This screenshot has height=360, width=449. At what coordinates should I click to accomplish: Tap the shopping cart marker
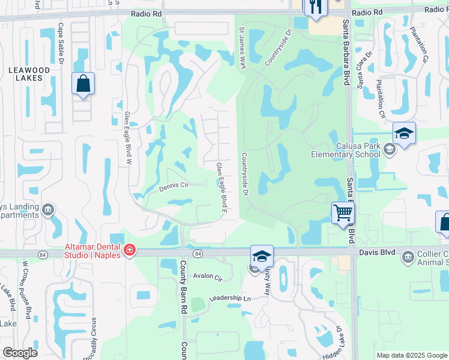342,212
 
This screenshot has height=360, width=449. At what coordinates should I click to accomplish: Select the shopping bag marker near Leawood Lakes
83,84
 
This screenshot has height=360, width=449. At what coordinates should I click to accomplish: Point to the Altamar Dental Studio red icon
128,250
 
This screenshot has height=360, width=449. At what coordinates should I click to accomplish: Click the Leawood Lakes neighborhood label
25,74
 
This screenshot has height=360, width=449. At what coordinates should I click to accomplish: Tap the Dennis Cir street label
174,187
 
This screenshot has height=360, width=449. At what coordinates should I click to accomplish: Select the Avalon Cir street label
208,278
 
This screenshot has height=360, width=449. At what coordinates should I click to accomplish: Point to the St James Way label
243,47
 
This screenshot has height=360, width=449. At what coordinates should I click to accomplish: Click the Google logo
20,353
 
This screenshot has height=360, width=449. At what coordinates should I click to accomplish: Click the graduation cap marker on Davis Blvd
262,256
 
